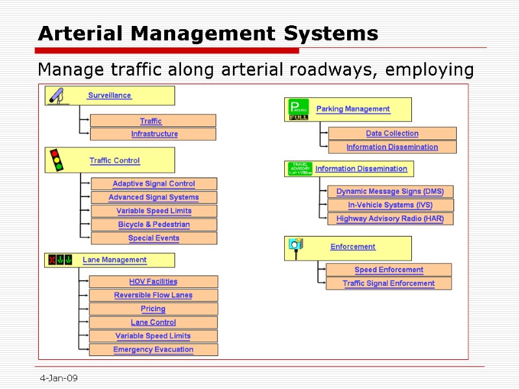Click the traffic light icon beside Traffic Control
(x=57, y=159)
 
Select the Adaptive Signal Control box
(x=154, y=184)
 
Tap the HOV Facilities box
(x=153, y=281)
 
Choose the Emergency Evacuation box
(x=153, y=349)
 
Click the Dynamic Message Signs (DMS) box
(x=390, y=191)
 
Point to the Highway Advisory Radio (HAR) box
(x=390, y=218)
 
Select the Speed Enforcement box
(x=389, y=270)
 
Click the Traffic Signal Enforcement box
(x=389, y=283)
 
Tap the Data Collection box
(x=392, y=134)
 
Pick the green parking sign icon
(x=298, y=110)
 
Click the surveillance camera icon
(x=57, y=96)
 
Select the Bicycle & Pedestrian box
(x=154, y=224)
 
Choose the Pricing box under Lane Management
(x=153, y=309)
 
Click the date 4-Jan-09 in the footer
(x=58, y=378)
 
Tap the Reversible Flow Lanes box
(x=153, y=295)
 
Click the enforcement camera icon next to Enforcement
(x=296, y=247)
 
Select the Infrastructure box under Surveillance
(x=154, y=134)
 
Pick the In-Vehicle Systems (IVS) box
(x=390, y=205)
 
